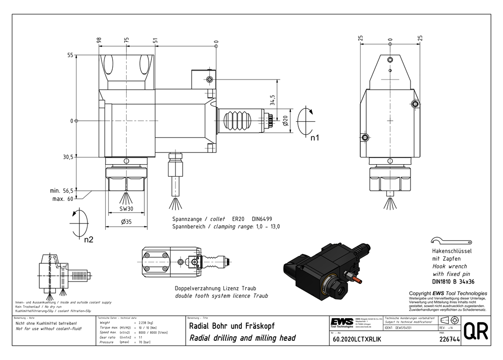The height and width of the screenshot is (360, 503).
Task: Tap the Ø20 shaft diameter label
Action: click(x=285, y=121)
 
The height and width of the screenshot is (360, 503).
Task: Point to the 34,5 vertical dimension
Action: click(x=272, y=100)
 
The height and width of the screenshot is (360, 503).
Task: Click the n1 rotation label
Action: click(x=315, y=137)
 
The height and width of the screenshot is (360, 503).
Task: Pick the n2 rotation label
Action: click(x=89, y=240)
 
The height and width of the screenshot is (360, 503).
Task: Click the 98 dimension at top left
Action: click(x=99, y=40)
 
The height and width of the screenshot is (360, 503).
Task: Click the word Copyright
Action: click(x=420, y=293)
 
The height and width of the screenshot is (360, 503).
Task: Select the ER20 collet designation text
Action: click(x=238, y=220)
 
